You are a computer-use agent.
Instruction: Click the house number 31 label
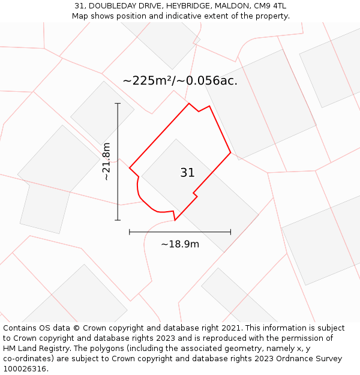pyautogui.click(x=187, y=173)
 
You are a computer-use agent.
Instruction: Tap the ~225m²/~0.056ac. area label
pyautogui.click(x=180, y=80)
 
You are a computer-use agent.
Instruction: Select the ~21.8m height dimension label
pyautogui.click(x=106, y=161)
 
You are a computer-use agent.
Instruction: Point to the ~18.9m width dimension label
pyautogui.click(x=180, y=244)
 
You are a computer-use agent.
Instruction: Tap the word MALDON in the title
pyautogui.click(x=235, y=6)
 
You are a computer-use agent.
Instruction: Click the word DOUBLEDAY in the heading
pyautogui.click(x=113, y=6)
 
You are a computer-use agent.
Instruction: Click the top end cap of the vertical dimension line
pyautogui.click(x=118, y=104)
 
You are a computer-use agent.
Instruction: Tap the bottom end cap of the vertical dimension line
pyautogui.click(x=118, y=220)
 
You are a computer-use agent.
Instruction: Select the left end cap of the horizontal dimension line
pyautogui.click(x=130, y=232)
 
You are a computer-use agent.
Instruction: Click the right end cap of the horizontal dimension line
pyautogui.click(x=230, y=232)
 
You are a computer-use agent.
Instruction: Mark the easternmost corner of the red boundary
pyautogui.click(x=230, y=153)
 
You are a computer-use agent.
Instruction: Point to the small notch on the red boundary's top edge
pyautogui.click(x=199, y=111)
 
